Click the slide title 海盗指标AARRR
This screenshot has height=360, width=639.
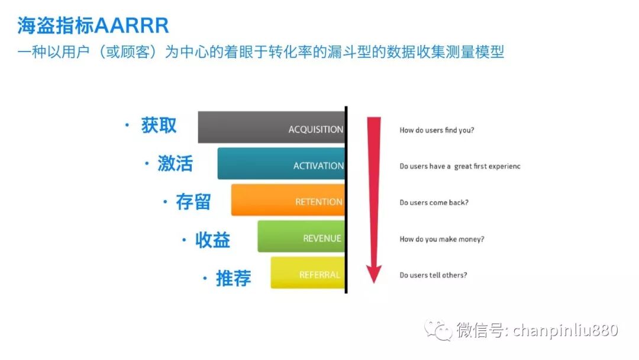(x=93, y=25)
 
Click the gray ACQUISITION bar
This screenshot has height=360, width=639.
(x=272, y=127)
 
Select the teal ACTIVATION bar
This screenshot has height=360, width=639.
(x=281, y=163)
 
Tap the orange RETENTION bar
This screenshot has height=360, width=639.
(x=288, y=200)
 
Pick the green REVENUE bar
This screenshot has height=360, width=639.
(x=301, y=236)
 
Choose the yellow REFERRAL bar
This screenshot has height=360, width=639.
(x=308, y=272)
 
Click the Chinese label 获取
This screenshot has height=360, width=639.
(x=159, y=125)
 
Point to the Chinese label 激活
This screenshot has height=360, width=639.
(x=175, y=163)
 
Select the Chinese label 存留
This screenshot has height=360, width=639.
(x=193, y=202)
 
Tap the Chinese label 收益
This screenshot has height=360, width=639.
(x=212, y=240)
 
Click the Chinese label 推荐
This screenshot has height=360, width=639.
(x=234, y=278)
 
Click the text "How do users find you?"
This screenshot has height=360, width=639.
(x=437, y=130)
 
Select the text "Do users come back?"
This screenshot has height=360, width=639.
(x=434, y=202)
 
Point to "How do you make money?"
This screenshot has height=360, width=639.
(x=442, y=239)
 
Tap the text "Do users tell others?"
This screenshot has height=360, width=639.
(x=433, y=275)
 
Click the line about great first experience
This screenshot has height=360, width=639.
(x=460, y=166)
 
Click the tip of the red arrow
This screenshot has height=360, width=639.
(x=374, y=284)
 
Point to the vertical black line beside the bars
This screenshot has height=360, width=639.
(x=346, y=200)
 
